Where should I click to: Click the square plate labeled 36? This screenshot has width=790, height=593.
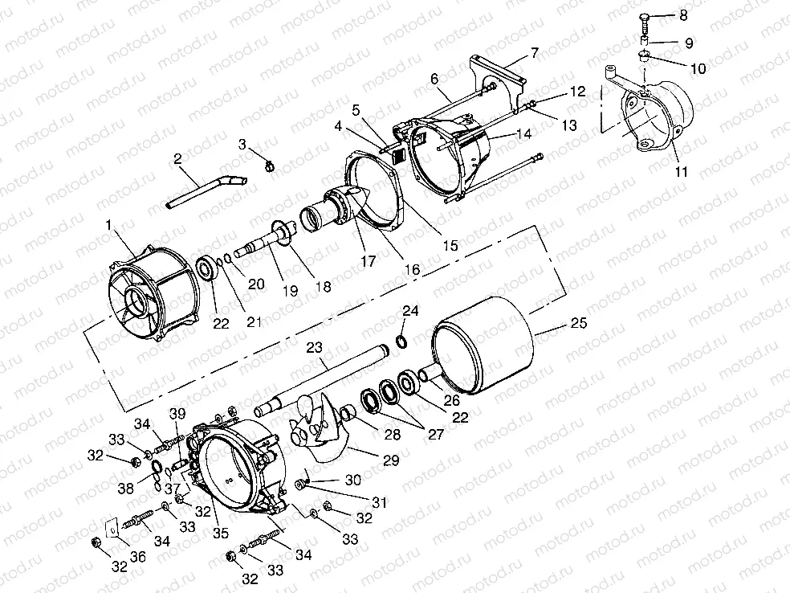click(x=113, y=529)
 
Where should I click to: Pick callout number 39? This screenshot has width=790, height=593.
click(x=177, y=413)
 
